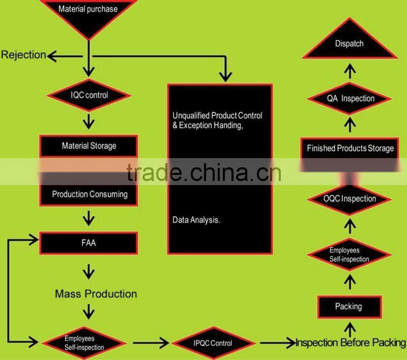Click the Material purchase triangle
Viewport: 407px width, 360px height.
[88, 13]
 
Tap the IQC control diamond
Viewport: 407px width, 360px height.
[89, 95]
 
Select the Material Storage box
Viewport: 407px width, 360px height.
[89, 146]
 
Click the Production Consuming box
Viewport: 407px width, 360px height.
[90, 194]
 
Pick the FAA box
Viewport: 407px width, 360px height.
[89, 243]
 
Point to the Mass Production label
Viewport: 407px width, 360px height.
[96, 294]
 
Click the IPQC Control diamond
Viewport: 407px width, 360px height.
[213, 343]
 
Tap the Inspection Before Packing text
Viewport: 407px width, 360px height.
[351, 342]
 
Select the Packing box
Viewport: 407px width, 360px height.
[348, 307]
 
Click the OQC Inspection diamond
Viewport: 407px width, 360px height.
[350, 199]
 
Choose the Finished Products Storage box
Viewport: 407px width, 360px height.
[350, 148]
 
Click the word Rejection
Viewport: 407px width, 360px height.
[23, 55]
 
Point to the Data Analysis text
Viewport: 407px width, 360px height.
[196, 220]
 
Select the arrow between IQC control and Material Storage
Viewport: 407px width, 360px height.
[89, 121]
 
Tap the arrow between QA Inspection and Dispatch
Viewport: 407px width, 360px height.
[350, 70]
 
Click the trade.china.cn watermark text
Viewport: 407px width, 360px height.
[203, 173]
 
